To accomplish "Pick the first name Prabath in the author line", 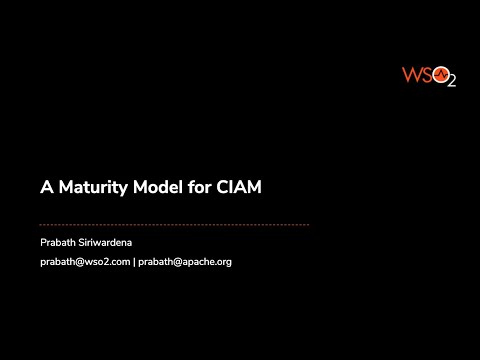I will coord(58,243).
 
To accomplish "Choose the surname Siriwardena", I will coord(110,243).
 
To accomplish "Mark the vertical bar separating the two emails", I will coord(135,262).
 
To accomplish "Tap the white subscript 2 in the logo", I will coord(450,82).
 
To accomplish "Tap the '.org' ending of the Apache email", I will coord(223,262).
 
